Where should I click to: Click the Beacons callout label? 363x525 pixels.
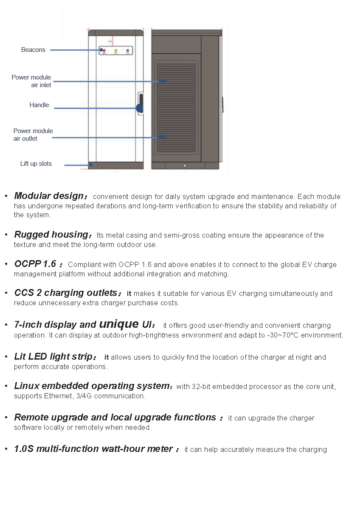(33, 50)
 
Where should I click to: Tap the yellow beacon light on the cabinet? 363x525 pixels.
(115, 51)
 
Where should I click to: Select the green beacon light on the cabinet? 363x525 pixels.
(127, 51)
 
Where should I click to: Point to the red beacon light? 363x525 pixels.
(104, 51)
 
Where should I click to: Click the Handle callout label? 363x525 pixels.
(39, 105)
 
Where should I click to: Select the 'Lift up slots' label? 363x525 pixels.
(36, 164)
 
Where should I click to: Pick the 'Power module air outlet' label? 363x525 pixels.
(33, 135)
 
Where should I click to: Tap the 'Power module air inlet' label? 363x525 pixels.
(31, 81)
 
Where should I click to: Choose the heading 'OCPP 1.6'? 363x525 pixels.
(35, 264)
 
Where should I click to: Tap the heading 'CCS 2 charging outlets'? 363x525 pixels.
(66, 293)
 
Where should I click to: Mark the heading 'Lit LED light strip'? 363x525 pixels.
(53, 357)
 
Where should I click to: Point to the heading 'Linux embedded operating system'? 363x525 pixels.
(92, 386)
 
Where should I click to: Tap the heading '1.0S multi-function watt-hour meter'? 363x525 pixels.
(93, 449)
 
